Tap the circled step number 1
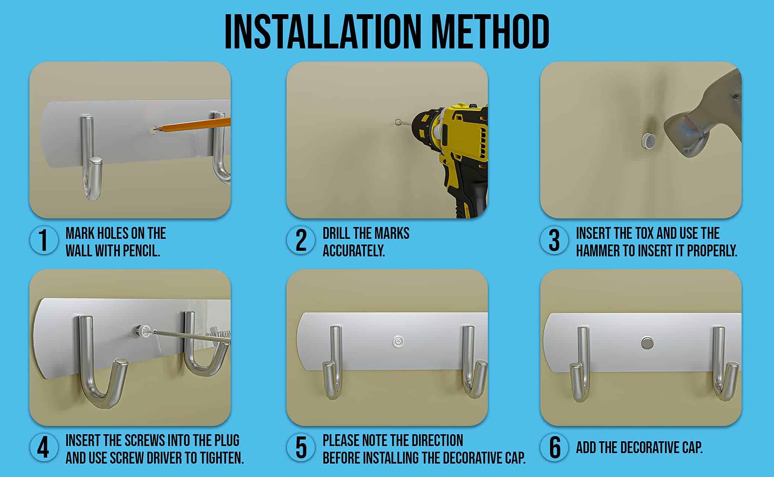tap(44, 240)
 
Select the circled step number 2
tap(301, 240)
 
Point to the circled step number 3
tap(554, 240)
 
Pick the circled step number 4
tap(44, 448)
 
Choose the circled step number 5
tap(301, 448)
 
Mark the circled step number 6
tap(554, 448)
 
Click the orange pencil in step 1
tap(193, 124)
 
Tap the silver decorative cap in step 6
tap(648, 342)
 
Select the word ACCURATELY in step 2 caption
tap(354, 251)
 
